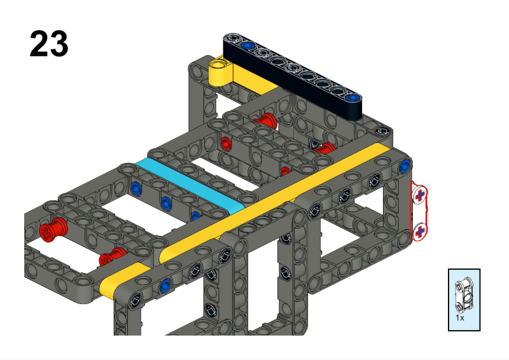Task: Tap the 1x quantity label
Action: click(459, 316)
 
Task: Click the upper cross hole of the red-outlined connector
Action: click(420, 196)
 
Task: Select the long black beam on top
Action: click(293, 76)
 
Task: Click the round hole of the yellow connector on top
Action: click(220, 64)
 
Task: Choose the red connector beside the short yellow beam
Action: click(112, 257)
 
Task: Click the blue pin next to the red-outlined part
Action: click(404, 166)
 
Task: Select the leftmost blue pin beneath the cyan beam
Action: click(135, 188)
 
